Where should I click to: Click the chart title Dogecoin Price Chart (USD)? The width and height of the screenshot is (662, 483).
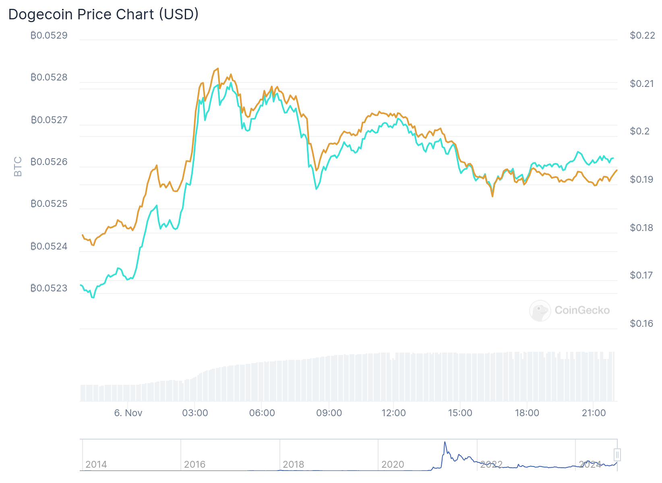(x=103, y=14)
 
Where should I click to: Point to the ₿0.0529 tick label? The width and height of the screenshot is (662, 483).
(x=49, y=35)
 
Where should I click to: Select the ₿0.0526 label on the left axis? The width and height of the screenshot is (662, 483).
(x=49, y=162)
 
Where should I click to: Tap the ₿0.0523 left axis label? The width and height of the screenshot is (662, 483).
(x=49, y=288)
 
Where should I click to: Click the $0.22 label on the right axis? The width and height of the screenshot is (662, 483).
(x=642, y=35)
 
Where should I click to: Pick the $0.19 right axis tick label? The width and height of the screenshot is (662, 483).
(x=641, y=180)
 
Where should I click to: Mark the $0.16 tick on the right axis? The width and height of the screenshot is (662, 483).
(x=641, y=324)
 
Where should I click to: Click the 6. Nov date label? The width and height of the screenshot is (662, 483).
(x=128, y=413)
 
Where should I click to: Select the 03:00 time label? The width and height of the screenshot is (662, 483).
(x=195, y=413)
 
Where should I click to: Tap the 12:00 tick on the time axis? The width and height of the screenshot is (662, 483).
(x=393, y=413)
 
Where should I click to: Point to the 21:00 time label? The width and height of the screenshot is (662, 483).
(x=594, y=413)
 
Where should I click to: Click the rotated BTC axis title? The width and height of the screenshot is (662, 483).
(x=18, y=167)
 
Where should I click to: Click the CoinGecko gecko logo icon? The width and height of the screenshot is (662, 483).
(x=540, y=310)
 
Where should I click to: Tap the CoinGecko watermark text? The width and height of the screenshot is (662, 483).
(x=582, y=310)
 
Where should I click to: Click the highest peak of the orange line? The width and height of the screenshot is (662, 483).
(x=218, y=69)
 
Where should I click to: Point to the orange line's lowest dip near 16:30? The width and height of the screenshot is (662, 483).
(x=492, y=196)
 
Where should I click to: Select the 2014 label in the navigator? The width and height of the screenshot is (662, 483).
(x=96, y=464)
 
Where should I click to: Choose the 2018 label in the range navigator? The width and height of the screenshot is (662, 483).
(x=294, y=464)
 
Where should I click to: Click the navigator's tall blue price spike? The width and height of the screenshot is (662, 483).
(x=445, y=442)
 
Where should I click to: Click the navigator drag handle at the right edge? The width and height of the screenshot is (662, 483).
(x=617, y=455)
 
